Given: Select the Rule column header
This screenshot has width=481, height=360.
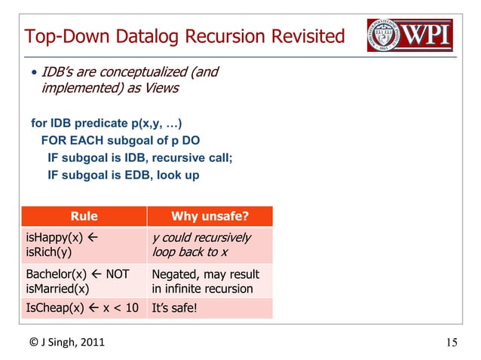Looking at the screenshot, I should tap(84, 217).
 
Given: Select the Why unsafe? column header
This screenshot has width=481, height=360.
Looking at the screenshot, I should tap(210, 217).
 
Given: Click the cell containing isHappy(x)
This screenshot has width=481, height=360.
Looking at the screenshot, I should tap(84, 245).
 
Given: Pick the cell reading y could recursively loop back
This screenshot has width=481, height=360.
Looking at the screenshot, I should tap(210, 245).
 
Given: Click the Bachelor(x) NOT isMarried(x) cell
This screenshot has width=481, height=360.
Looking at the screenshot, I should tap(84, 281).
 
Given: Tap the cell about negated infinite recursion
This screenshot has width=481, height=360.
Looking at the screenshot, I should tap(210, 281).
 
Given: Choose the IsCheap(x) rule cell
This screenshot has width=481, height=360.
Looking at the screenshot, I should tap(84, 307).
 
